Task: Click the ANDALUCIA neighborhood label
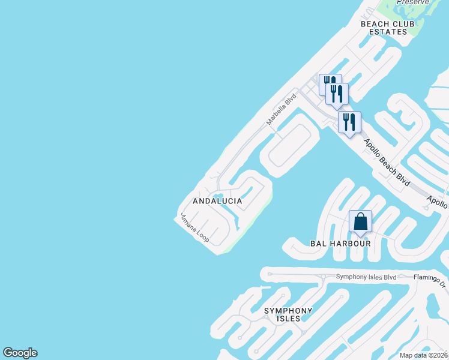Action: [x=217, y=201]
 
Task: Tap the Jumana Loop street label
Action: [x=194, y=227]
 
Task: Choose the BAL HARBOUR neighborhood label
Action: [x=340, y=244]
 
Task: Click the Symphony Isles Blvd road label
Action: [x=366, y=277]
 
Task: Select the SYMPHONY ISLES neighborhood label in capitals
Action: [x=289, y=314]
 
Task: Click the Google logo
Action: [x=20, y=353]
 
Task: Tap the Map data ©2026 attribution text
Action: [x=424, y=355]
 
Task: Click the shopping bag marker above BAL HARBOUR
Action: [x=360, y=221]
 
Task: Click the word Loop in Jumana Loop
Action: [x=203, y=236]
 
